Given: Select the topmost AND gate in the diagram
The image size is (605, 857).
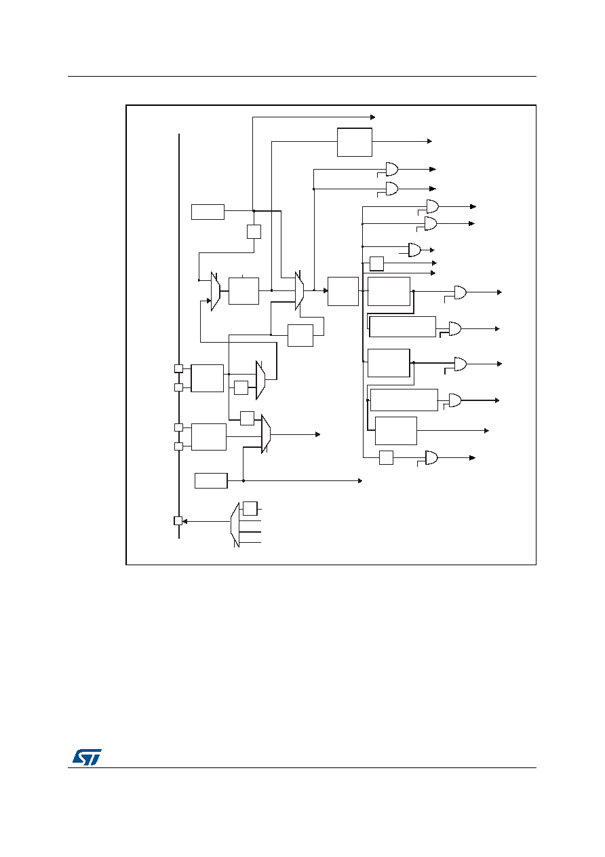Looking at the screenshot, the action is [392, 169].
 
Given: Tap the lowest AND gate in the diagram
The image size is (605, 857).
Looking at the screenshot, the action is [432, 457].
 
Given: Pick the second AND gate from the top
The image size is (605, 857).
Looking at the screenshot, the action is [392, 189].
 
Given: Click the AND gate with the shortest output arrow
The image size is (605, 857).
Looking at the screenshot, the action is [414, 250].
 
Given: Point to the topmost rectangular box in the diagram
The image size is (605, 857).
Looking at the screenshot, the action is [355, 142].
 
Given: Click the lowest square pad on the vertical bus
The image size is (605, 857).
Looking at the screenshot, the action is [178, 520].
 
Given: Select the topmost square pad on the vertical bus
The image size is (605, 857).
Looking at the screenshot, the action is [178, 368].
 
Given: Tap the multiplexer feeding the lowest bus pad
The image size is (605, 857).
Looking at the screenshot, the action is [235, 525].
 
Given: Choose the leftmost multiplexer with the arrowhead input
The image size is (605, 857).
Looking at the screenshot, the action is [215, 291].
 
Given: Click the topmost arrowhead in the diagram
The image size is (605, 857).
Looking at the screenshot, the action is [372, 117].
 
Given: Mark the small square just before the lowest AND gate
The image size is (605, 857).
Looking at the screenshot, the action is [386, 457].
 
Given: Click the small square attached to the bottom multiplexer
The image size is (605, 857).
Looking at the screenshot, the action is [250, 508].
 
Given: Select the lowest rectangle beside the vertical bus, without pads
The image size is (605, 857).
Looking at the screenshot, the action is [211, 480].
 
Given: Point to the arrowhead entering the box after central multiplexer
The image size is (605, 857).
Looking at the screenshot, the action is [326, 291].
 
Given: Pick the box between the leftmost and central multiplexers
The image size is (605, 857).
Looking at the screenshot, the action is [243, 291].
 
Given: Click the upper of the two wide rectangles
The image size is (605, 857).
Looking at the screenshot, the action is [402, 327].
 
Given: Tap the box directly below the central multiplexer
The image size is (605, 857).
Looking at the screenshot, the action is [300, 335].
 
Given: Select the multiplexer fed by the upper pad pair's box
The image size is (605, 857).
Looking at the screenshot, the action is [260, 380].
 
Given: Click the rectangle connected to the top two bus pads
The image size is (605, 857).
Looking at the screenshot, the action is [208, 378].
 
